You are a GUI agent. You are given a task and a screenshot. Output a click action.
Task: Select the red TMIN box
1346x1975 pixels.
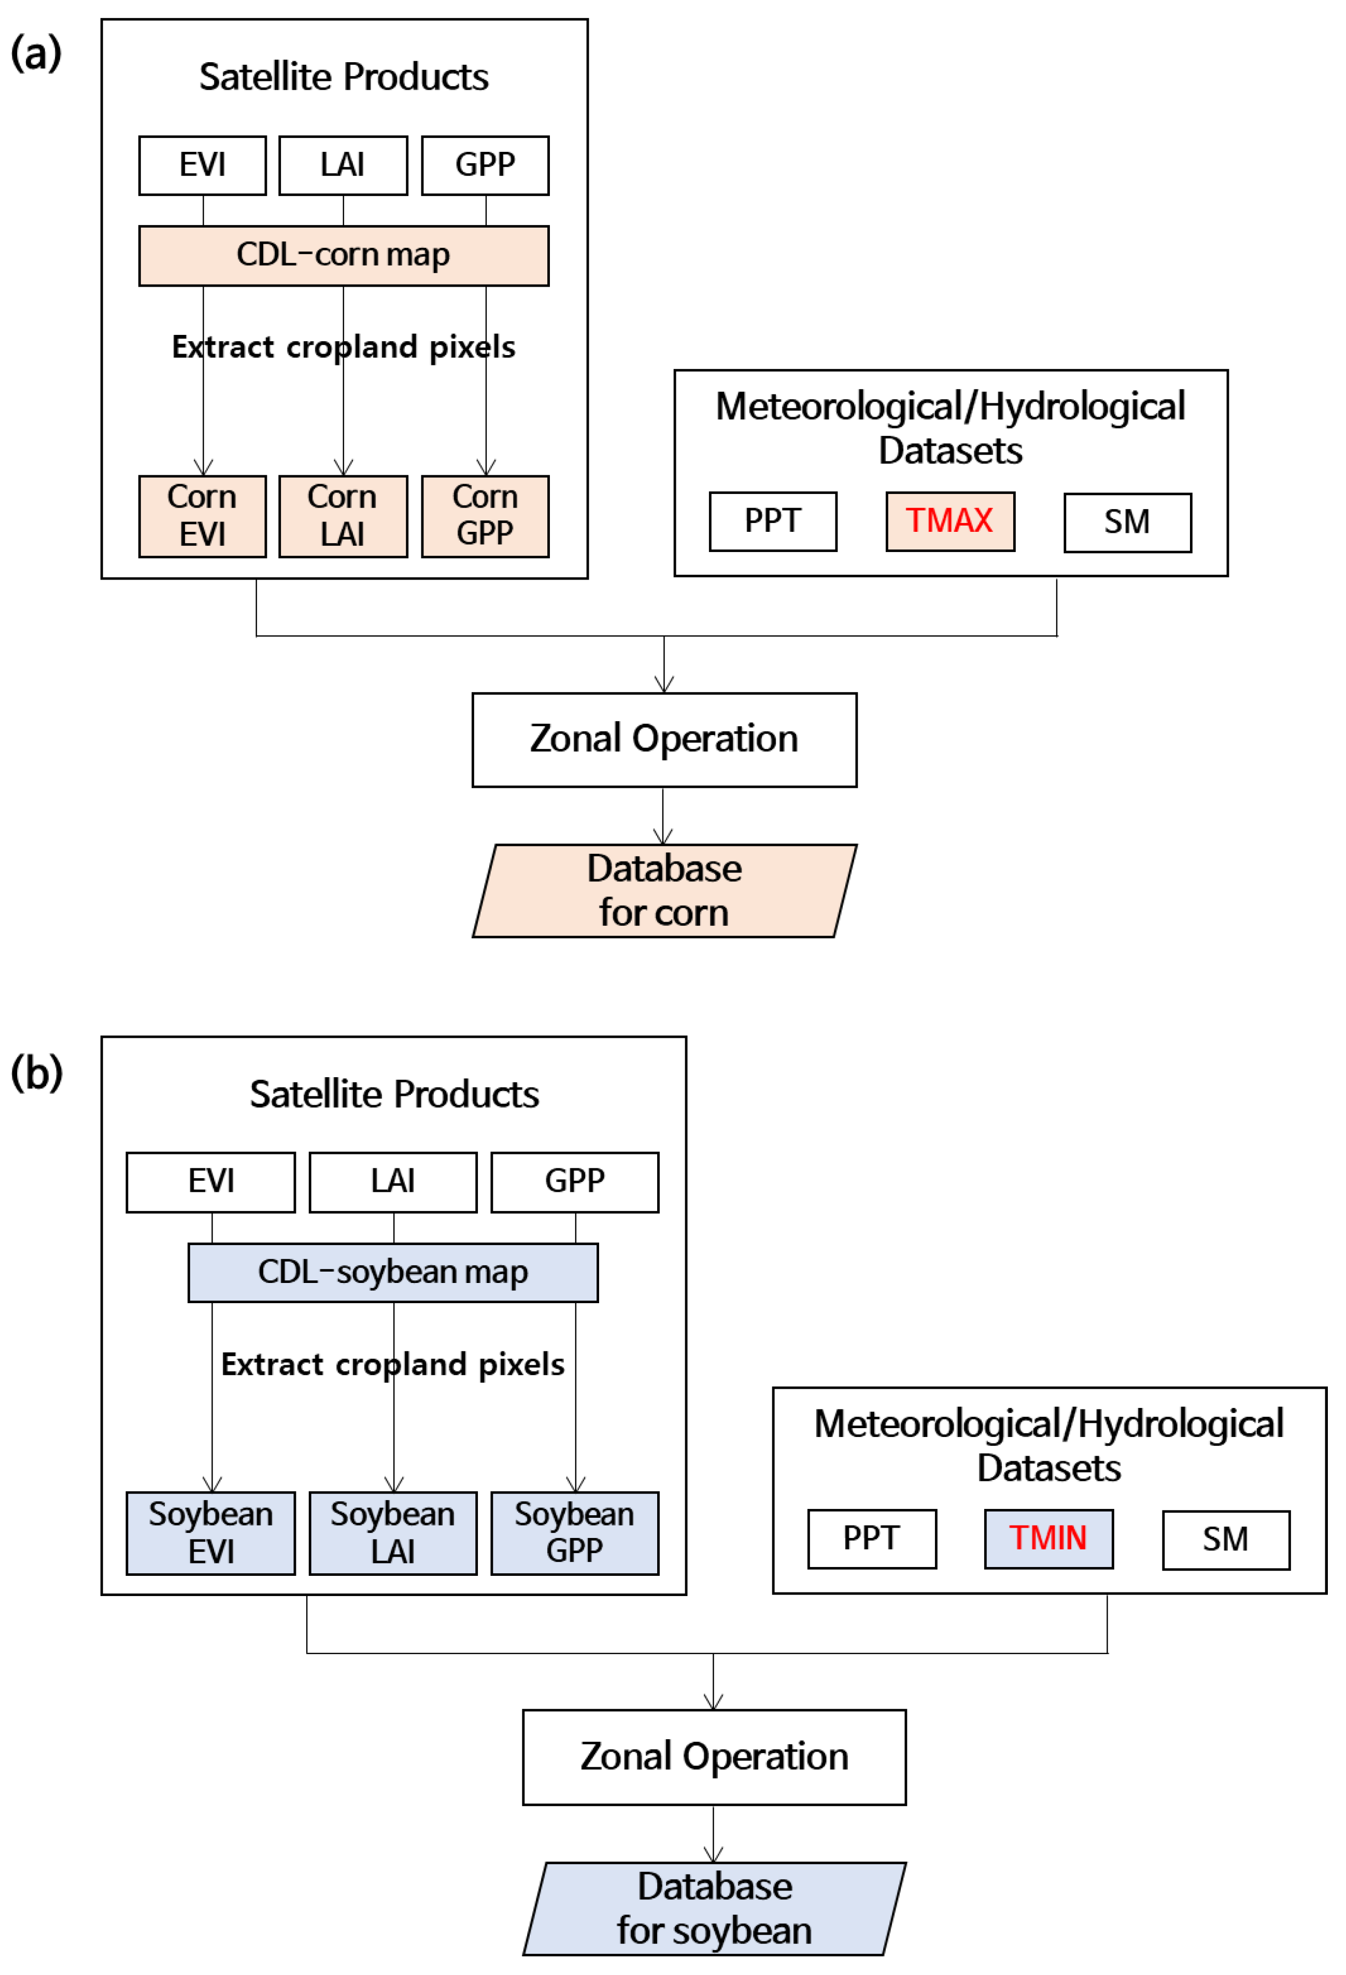[1048, 1538]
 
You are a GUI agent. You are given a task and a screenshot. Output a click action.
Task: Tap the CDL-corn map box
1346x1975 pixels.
[343, 255]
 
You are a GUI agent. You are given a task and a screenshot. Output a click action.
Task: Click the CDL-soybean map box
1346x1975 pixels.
[392, 1272]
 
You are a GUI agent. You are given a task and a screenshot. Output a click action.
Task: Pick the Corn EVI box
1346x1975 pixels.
[202, 516]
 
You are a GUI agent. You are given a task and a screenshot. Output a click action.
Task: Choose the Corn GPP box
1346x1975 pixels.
[485, 516]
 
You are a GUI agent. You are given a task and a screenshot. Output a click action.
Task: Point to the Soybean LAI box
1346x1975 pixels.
[392, 1533]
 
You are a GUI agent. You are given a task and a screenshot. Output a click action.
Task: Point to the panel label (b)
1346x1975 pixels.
[36, 1073]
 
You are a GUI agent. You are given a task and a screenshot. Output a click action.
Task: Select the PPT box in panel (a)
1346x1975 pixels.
[772, 521]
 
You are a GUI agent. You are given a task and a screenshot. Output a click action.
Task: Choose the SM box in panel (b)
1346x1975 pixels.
[1225, 1539]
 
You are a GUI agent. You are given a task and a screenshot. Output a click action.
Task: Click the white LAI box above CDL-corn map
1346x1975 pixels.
[343, 165]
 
